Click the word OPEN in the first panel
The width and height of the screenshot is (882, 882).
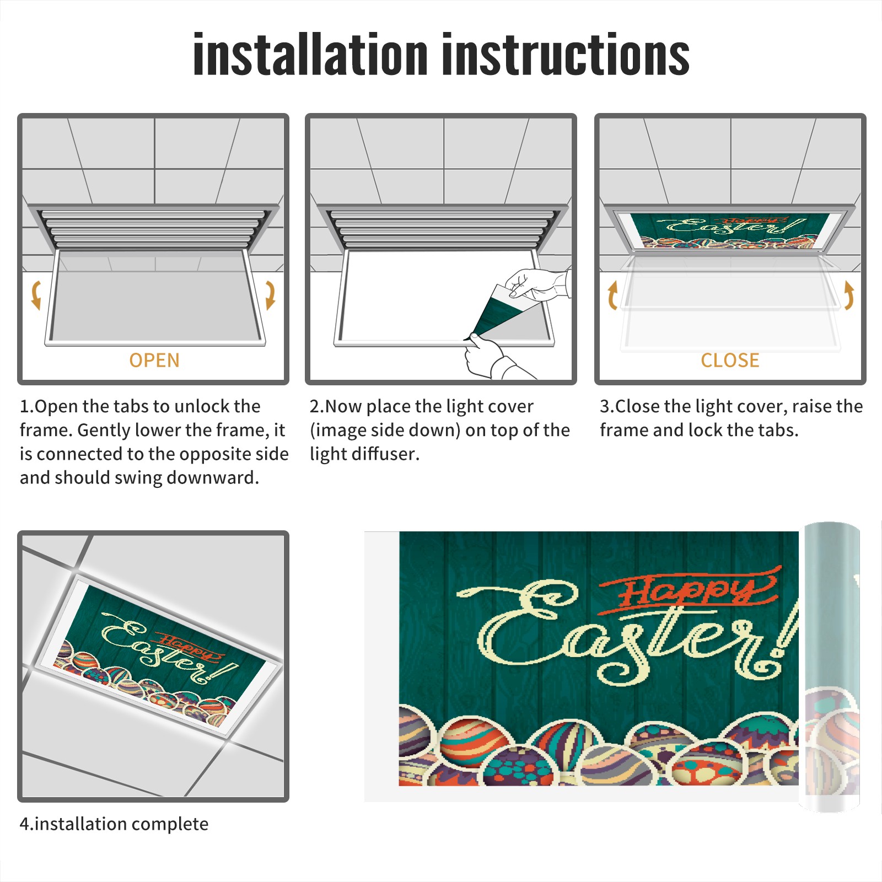click(x=154, y=361)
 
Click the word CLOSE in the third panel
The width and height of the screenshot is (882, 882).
click(x=730, y=361)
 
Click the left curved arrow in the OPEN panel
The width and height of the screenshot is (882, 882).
click(x=36, y=295)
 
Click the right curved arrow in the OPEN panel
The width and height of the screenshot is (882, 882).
click(x=270, y=295)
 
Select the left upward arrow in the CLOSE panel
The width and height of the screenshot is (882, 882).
click(x=612, y=295)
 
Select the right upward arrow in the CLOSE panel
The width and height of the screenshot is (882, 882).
click(x=849, y=295)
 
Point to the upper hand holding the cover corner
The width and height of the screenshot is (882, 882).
click(x=537, y=284)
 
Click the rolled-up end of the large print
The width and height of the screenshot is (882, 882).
click(x=832, y=667)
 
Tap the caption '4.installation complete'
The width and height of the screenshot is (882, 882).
click(x=114, y=824)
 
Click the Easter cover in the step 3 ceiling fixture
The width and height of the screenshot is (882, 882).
click(x=730, y=231)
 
